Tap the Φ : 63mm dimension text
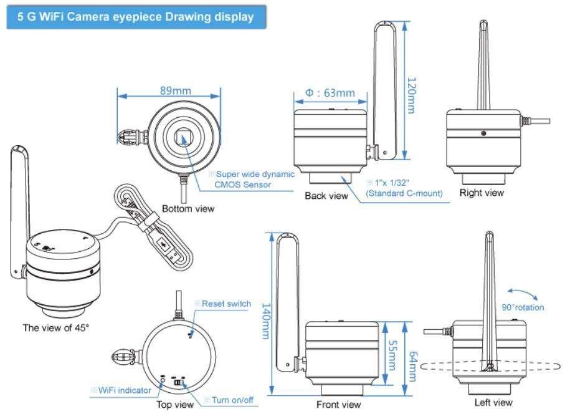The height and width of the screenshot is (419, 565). [x=330, y=93]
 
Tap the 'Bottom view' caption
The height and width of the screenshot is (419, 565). [x=188, y=209]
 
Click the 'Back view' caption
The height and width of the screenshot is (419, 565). [x=326, y=196]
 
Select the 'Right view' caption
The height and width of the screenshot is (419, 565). [x=482, y=193]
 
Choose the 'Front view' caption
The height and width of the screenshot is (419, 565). [x=339, y=405]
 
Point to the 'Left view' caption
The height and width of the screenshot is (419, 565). [x=493, y=403]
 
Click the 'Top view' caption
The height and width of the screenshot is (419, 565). [x=176, y=404]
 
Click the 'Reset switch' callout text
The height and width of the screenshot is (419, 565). [x=229, y=304]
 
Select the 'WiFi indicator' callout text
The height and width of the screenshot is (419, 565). [x=125, y=390]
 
